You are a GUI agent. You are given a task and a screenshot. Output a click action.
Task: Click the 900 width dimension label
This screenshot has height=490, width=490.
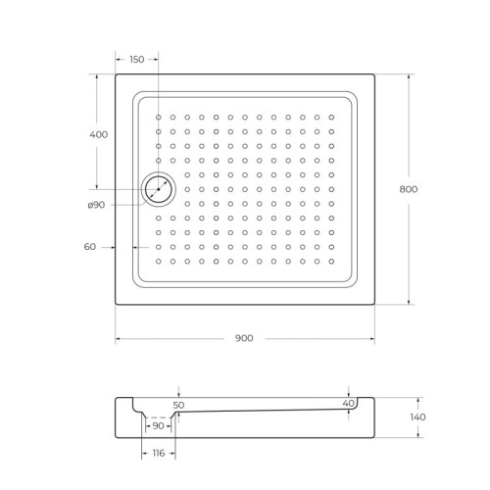click(244, 338)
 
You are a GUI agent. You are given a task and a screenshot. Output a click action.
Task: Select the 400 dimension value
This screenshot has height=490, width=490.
click(98, 134)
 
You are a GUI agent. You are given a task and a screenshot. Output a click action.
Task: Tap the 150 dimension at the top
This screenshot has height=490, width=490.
click(136, 60)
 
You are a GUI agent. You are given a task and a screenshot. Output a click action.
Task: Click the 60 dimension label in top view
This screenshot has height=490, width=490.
click(90, 247)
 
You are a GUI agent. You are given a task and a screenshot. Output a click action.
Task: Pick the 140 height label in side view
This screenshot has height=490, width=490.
click(418, 417)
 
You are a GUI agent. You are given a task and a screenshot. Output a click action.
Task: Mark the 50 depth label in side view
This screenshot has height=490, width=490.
click(177, 404)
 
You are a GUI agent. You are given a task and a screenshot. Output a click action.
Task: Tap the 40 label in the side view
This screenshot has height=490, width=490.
click(349, 403)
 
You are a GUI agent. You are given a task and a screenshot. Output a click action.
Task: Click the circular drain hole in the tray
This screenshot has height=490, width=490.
click(157, 189)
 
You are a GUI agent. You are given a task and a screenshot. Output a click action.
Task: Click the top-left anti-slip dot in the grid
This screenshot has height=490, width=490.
click(158, 117)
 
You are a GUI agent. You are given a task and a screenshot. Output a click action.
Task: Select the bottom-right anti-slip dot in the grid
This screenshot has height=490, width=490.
click(332, 261)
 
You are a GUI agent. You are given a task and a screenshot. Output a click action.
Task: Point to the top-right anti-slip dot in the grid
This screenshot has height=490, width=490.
click(332, 117)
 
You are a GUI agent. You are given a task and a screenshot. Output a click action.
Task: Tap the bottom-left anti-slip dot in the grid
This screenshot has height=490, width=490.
click(158, 261)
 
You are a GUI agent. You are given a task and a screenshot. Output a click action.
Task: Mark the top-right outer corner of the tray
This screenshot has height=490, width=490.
click(376, 74)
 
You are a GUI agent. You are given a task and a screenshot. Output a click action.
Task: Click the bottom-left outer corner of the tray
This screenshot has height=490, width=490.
click(116, 305)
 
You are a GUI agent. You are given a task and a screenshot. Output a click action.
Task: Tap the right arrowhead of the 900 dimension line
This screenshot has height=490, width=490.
click(374, 338)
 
